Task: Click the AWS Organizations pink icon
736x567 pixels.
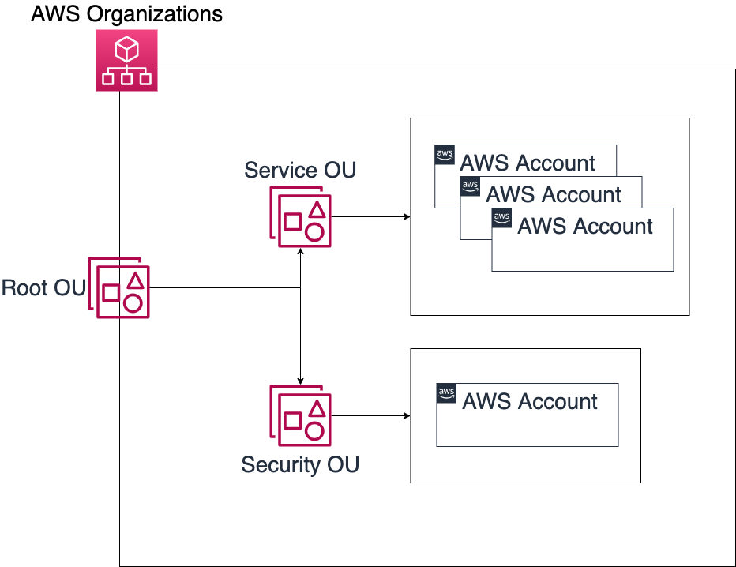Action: pyautogui.click(x=126, y=60)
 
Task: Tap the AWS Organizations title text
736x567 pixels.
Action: pyautogui.click(x=126, y=13)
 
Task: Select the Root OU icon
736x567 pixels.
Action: pyautogui.click(x=118, y=287)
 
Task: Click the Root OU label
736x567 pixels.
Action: pyautogui.click(x=43, y=287)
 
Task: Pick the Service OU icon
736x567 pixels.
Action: pyautogui.click(x=300, y=217)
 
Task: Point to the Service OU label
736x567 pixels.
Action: pyautogui.click(x=300, y=170)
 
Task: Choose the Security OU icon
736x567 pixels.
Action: pyautogui.click(x=300, y=416)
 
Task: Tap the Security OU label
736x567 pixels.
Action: pyautogui.click(x=300, y=464)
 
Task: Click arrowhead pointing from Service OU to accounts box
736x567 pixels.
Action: pyautogui.click(x=407, y=217)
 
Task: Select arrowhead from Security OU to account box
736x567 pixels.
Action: pyautogui.click(x=407, y=416)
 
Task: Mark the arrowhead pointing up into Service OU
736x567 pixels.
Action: pyautogui.click(x=300, y=252)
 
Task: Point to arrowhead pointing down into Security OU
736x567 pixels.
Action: pyautogui.click(x=300, y=381)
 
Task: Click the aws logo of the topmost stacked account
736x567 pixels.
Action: pyautogui.click(x=445, y=155)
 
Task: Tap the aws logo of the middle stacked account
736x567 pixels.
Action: pyautogui.click(x=470, y=186)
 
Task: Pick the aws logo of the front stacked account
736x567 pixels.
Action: pyautogui.click(x=501, y=218)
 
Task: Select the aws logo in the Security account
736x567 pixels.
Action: pyautogui.click(x=446, y=393)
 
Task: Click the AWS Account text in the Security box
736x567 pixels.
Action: pyautogui.click(x=530, y=402)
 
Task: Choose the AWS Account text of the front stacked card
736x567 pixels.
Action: pyautogui.click(x=585, y=226)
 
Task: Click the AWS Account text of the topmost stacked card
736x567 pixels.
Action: pyautogui.click(x=528, y=163)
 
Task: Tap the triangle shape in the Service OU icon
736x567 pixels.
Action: pyautogui.click(x=317, y=209)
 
